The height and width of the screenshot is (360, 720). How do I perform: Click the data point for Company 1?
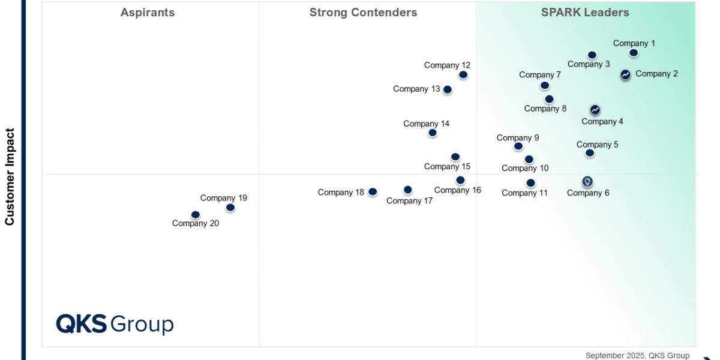[x=634, y=53]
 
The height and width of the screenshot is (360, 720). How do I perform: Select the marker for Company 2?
[x=625, y=74]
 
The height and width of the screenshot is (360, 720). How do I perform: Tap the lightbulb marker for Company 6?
[x=587, y=181]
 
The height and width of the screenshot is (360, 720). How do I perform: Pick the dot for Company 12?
[x=463, y=75]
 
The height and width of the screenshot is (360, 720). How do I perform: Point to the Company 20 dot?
[x=196, y=215]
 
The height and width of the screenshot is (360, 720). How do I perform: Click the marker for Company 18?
[x=373, y=192]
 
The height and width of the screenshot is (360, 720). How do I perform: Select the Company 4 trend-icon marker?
[x=595, y=110]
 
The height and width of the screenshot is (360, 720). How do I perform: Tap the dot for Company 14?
[x=433, y=133]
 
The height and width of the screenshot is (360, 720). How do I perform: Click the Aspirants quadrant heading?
[x=148, y=13]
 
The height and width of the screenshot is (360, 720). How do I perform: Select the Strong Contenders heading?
[x=363, y=13]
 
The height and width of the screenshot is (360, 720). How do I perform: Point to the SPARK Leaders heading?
[x=585, y=13]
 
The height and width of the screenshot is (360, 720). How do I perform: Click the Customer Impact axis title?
[x=10, y=176]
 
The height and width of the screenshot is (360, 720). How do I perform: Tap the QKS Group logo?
[x=115, y=324]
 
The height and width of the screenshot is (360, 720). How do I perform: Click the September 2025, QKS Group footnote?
[x=637, y=355]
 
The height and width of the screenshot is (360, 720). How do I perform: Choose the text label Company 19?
[x=224, y=198]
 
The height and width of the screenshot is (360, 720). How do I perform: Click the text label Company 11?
[x=525, y=193]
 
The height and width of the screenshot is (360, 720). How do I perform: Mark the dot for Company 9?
[x=518, y=146]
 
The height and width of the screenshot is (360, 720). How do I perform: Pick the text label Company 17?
[x=409, y=201]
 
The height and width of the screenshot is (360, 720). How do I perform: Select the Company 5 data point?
[x=590, y=153]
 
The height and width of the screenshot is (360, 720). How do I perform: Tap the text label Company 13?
[x=416, y=89]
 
